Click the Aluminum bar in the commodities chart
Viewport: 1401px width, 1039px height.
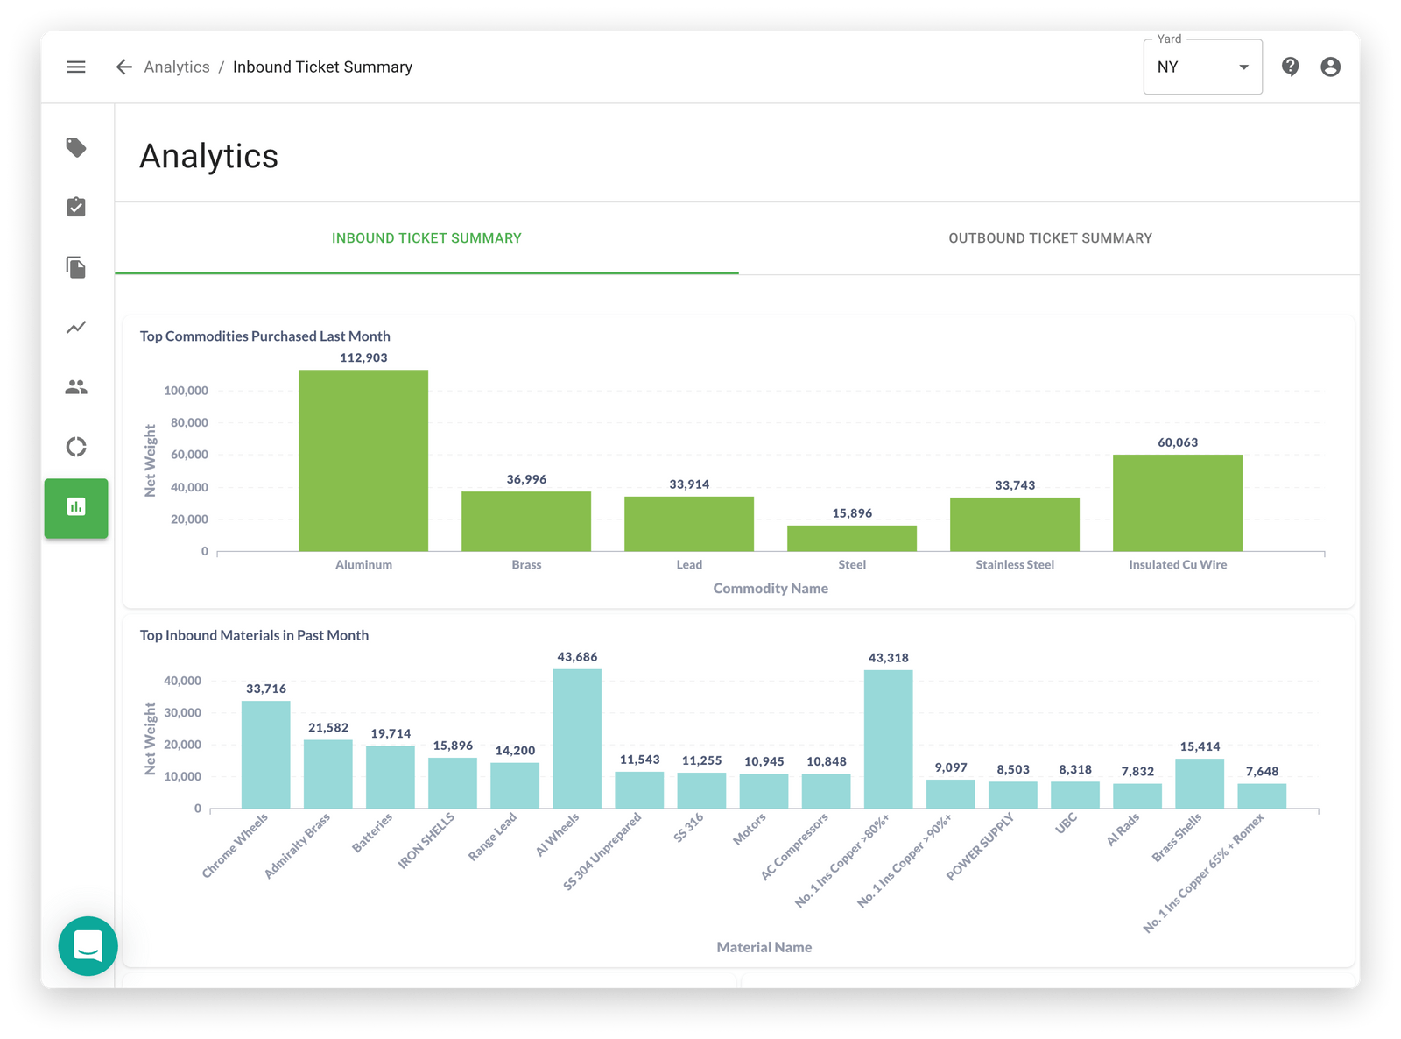pyautogui.click(x=363, y=461)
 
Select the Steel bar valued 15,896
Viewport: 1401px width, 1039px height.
pyautogui.click(x=851, y=538)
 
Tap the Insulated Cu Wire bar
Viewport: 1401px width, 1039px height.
pyautogui.click(x=1177, y=503)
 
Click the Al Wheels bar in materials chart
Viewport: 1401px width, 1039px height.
pyautogui.click(x=577, y=739)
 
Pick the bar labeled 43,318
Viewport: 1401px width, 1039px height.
pyautogui.click(x=888, y=739)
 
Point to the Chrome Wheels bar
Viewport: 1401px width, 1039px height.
pyautogui.click(x=265, y=754)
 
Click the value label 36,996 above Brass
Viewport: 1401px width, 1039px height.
pyautogui.click(x=526, y=479)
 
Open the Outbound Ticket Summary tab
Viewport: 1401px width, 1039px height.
pyautogui.click(x=1050, y=238)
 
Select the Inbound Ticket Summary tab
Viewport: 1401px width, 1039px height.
pyautogui.click(x=426, y=238)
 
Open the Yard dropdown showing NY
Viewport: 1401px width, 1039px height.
pyautogui.click(x=1202, y=67)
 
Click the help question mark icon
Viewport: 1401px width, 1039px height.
pyautogui.click(x=1290, y=67)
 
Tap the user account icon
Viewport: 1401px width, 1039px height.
pyautogui.click(x=1330, y=67)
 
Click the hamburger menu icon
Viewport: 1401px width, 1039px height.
pyautogui.click(x=76, y=67)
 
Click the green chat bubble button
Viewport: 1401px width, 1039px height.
pyautogui.click(x=88, y=946)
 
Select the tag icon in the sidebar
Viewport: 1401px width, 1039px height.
pyautogui.click(x=76, y=147)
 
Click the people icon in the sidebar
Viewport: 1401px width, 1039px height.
pyautogui.click(x=76, y=387)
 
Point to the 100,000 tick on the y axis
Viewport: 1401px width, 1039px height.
pyautogui.click(x=186, y=391)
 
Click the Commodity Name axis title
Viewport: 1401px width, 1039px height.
pyautogui.click(x=771, y=589)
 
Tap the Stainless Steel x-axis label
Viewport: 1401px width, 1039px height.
pyautogui.click(x=1015, y=565)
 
